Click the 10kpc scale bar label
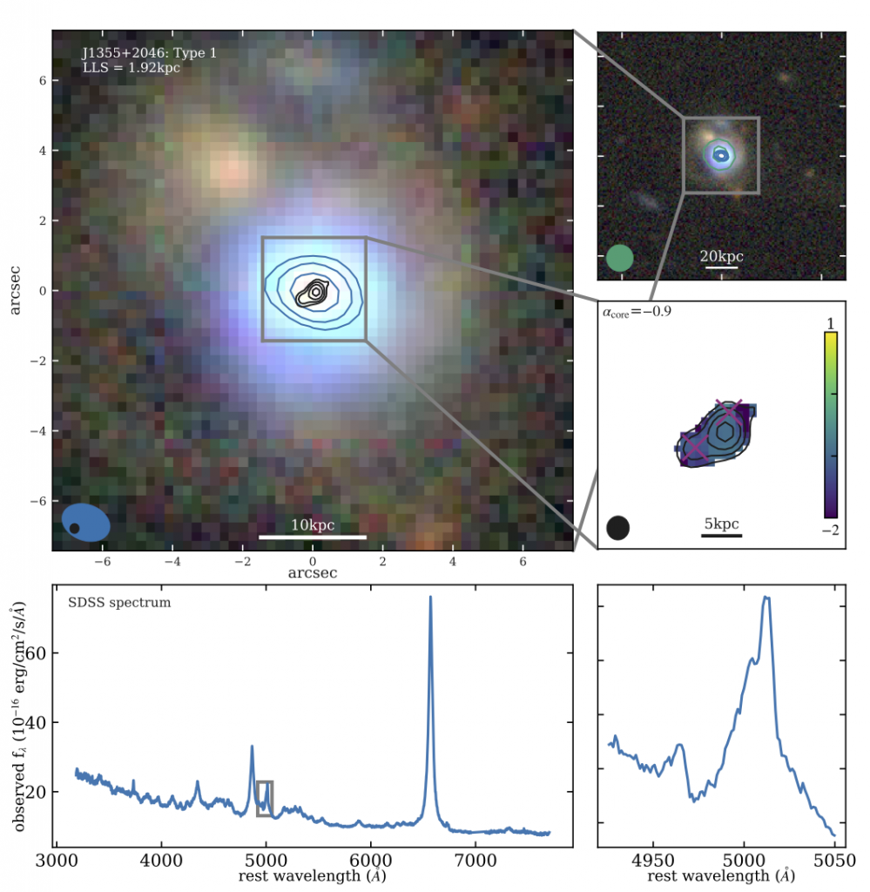click(313, 525)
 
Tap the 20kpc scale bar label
click(722, 257)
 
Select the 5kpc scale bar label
click(722, 524)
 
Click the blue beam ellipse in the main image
click(86, 524)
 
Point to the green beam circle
click(619, 258)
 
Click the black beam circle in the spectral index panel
click(618, 528)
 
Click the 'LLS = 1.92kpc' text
click(132, 67)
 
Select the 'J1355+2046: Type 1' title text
click(149, 53)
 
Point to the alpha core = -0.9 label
click(636, 309)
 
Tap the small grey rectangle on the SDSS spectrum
click(265, 799)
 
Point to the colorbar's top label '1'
click(831, 323)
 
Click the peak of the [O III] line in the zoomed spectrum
click(766, 598)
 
